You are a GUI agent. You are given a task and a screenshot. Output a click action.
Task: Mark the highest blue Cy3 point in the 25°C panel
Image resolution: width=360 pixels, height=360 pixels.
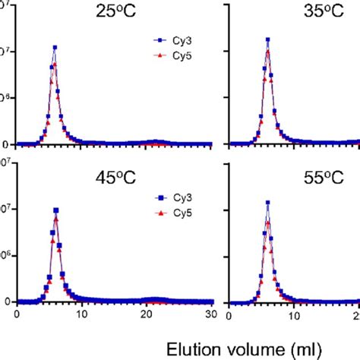tap(55, 47)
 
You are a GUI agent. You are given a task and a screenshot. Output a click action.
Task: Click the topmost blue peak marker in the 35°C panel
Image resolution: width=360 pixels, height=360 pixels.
tap(267, 39)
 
